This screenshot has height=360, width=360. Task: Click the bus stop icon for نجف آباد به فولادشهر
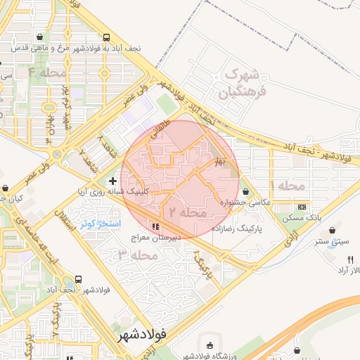coord(105,37)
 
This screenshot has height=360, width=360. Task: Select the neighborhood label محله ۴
coord(47,72)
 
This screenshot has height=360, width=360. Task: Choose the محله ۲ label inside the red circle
coord(186,211)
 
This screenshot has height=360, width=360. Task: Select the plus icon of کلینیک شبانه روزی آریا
coord(112,181)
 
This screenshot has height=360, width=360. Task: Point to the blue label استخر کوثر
coord(101,224)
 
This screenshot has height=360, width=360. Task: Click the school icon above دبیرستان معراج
coord(155,226)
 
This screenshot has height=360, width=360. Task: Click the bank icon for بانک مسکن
coord(302,207)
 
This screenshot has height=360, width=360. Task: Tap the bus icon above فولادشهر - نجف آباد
coord(77,279)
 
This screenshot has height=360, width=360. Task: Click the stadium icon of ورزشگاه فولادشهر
coord(210,344)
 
